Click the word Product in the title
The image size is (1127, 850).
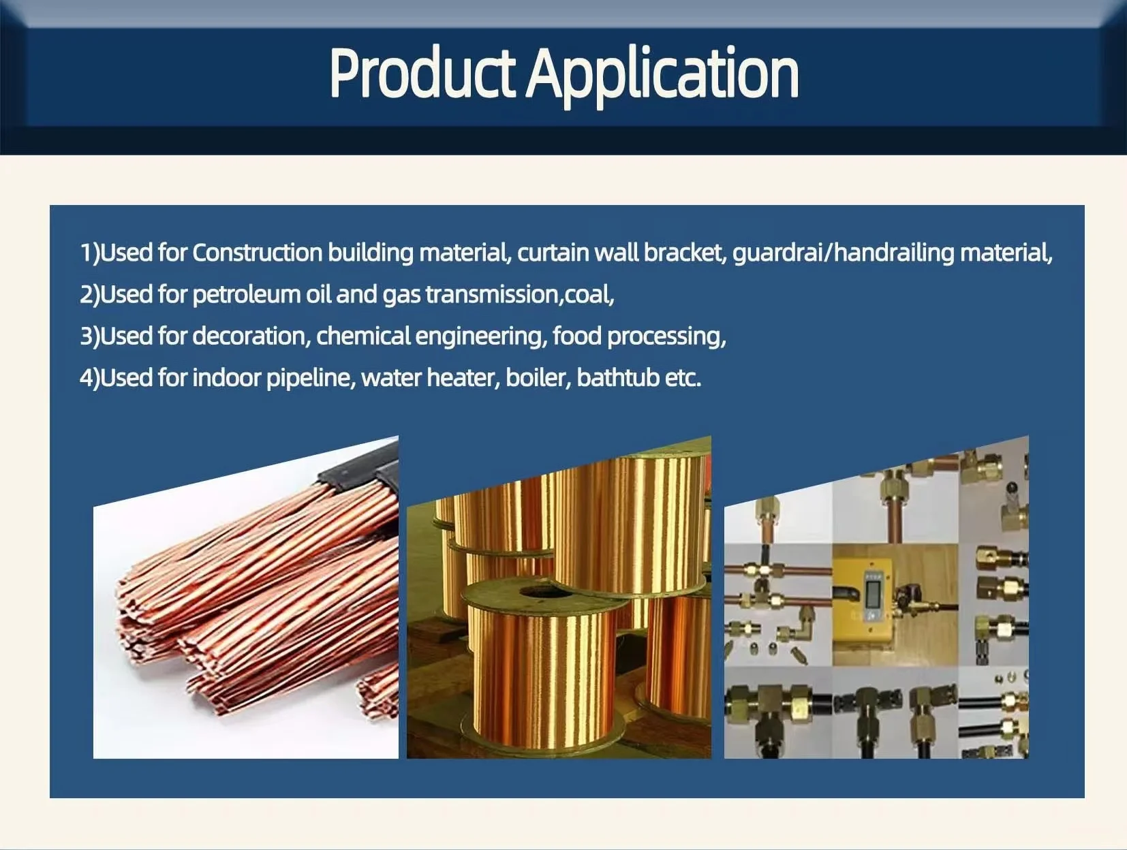(x=422, y=73)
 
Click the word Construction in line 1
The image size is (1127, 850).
(x=258, y=253)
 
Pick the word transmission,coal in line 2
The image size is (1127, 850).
(x=519, y=294)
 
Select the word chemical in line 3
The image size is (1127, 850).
(x=363, y=336)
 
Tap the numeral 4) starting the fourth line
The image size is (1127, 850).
(x=89, y=378)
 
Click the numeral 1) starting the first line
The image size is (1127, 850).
(x=89, y=253)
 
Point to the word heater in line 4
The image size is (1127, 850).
(x=463, y=377)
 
